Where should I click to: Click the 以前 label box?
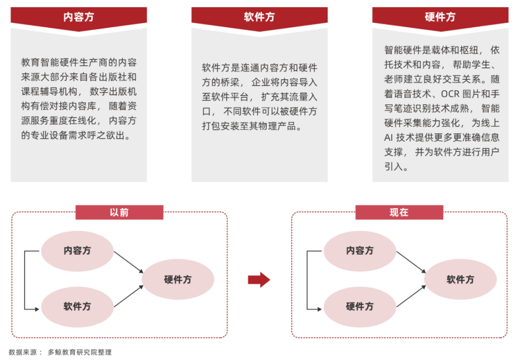[x=119, y=212]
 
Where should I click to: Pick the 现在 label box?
[x=399, y=212]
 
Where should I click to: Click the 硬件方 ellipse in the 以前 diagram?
[x=178, y=280]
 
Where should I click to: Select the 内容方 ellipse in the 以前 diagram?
[x=77, y=251]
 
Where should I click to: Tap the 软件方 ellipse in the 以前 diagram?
[x=77, y=307]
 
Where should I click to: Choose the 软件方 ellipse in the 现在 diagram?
[x=460, y=280]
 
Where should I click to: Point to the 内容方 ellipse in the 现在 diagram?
[x=360, y=251]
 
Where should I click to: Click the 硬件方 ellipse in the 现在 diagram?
[x=360, y=307]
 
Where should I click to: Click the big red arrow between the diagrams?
[x=259, y=280]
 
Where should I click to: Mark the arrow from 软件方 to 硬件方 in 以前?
[x=129, y=296]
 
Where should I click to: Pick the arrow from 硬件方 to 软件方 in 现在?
[x=411, y=296]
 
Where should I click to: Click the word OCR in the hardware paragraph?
[x=450, y=94]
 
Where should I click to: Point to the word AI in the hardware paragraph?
[x=389, y=137]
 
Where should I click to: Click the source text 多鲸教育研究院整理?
[x=79, y=352]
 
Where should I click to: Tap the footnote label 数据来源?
[x=23, y=352]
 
